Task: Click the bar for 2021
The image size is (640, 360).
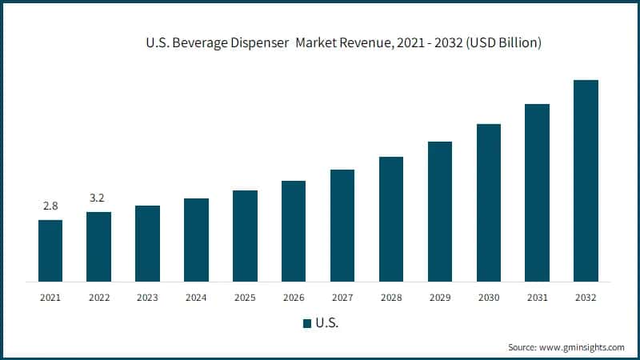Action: coord(50,250)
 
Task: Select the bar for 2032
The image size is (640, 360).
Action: coord(586,181)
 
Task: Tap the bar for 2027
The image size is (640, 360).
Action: coord(342,226)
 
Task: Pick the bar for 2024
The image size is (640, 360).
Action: coord(196,240)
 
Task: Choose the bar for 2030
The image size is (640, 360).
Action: coord(489,202)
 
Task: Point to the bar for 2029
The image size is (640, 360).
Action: coord(440,211)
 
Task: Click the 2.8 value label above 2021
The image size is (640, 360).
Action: coord(50,206)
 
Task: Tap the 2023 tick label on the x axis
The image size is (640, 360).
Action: coord(147,298)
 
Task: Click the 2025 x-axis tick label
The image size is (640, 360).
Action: coord(245,298)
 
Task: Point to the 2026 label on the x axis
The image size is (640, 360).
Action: coord(294,298)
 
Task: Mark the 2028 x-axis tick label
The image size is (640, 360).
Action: coord(391,298)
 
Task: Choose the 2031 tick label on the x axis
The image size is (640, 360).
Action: coord(537,298)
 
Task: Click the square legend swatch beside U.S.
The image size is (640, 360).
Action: coord(306,323)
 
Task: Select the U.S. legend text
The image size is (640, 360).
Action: coord(326,323)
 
